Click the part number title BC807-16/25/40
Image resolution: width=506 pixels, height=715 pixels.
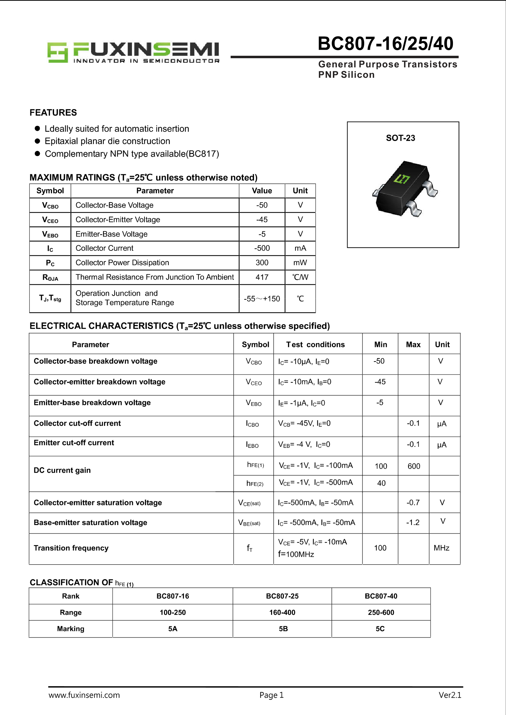(x=385, y=44)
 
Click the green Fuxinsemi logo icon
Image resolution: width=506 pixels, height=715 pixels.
(x=57, y=52)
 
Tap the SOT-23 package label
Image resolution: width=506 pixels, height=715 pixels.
(x=400, y=138)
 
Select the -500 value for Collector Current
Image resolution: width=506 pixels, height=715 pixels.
(x=262, y=248)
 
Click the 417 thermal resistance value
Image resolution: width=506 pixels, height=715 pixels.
(x=262, y=277)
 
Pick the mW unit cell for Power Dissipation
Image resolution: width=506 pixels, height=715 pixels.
(x=300, y=263)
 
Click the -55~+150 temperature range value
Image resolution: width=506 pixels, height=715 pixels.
(x=262, y=299)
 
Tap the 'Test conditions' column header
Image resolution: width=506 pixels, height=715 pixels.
(x=315, y=345)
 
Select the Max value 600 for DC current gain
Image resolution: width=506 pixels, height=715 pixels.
(x=414, y=466)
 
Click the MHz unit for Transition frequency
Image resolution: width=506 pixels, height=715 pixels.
(x=441, y=548)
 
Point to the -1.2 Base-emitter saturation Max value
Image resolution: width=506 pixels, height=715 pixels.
(x=413, y=522)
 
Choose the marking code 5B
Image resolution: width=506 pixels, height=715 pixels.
(x=283, y=629)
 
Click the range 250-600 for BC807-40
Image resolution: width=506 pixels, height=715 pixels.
(x=381, y=612)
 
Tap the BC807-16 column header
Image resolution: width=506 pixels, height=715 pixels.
(x=172, y=596)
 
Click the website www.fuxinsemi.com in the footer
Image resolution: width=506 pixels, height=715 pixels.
(x=84, y=695)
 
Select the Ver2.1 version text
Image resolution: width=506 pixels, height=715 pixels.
(x=450, y=695)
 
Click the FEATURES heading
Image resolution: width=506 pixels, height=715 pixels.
(x=53, y=112)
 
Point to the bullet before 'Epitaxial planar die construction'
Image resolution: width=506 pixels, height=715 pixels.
(x=37, y=141)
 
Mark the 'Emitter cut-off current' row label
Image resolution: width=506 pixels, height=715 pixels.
(x=74, y=443)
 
